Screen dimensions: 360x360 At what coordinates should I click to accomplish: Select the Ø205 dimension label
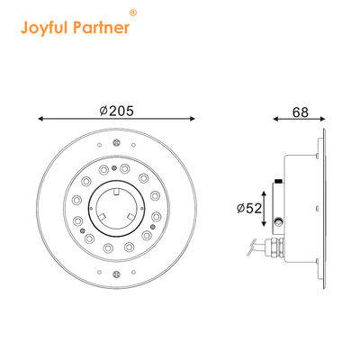117,111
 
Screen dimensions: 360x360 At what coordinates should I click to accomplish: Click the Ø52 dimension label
248,207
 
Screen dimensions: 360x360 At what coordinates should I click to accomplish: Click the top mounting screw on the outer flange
117,140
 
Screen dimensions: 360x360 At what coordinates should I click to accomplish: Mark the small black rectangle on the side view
280,184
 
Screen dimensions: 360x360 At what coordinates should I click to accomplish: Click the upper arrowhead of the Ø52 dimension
264,191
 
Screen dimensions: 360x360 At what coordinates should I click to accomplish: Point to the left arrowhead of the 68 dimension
274,119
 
